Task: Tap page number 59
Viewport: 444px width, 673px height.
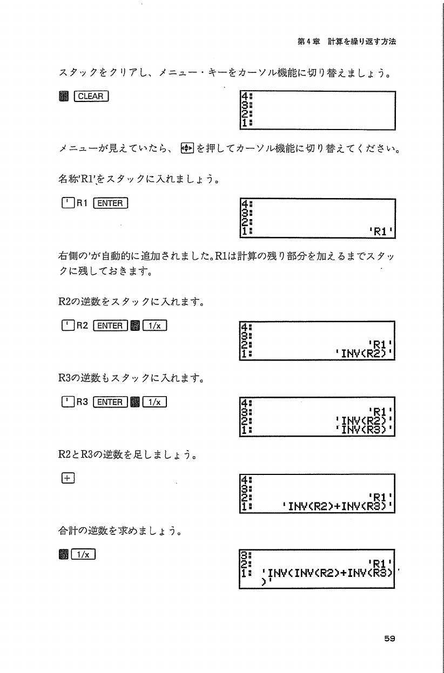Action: point(390,638)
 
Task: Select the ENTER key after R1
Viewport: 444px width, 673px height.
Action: point(111,203)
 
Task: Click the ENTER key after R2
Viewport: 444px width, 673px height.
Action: point(111,325)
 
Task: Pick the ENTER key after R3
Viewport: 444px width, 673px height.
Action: point(111,402)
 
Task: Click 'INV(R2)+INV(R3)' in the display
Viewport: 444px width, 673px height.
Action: point(340,507)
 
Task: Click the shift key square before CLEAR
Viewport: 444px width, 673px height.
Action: point(63,97)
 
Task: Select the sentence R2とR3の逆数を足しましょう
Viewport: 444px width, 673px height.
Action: point(126,456)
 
